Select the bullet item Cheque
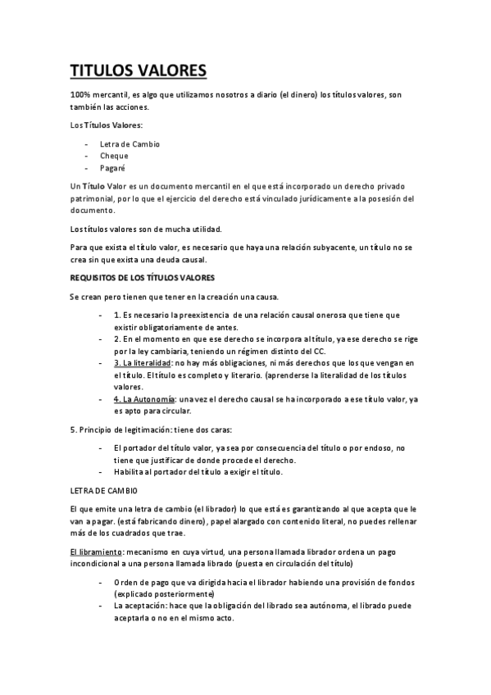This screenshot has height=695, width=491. coord(114,156)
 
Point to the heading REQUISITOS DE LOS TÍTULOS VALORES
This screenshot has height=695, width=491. coord(142,279)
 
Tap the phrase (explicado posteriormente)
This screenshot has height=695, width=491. coord(164,593)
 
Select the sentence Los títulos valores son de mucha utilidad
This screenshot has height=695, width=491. coord(146,229)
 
